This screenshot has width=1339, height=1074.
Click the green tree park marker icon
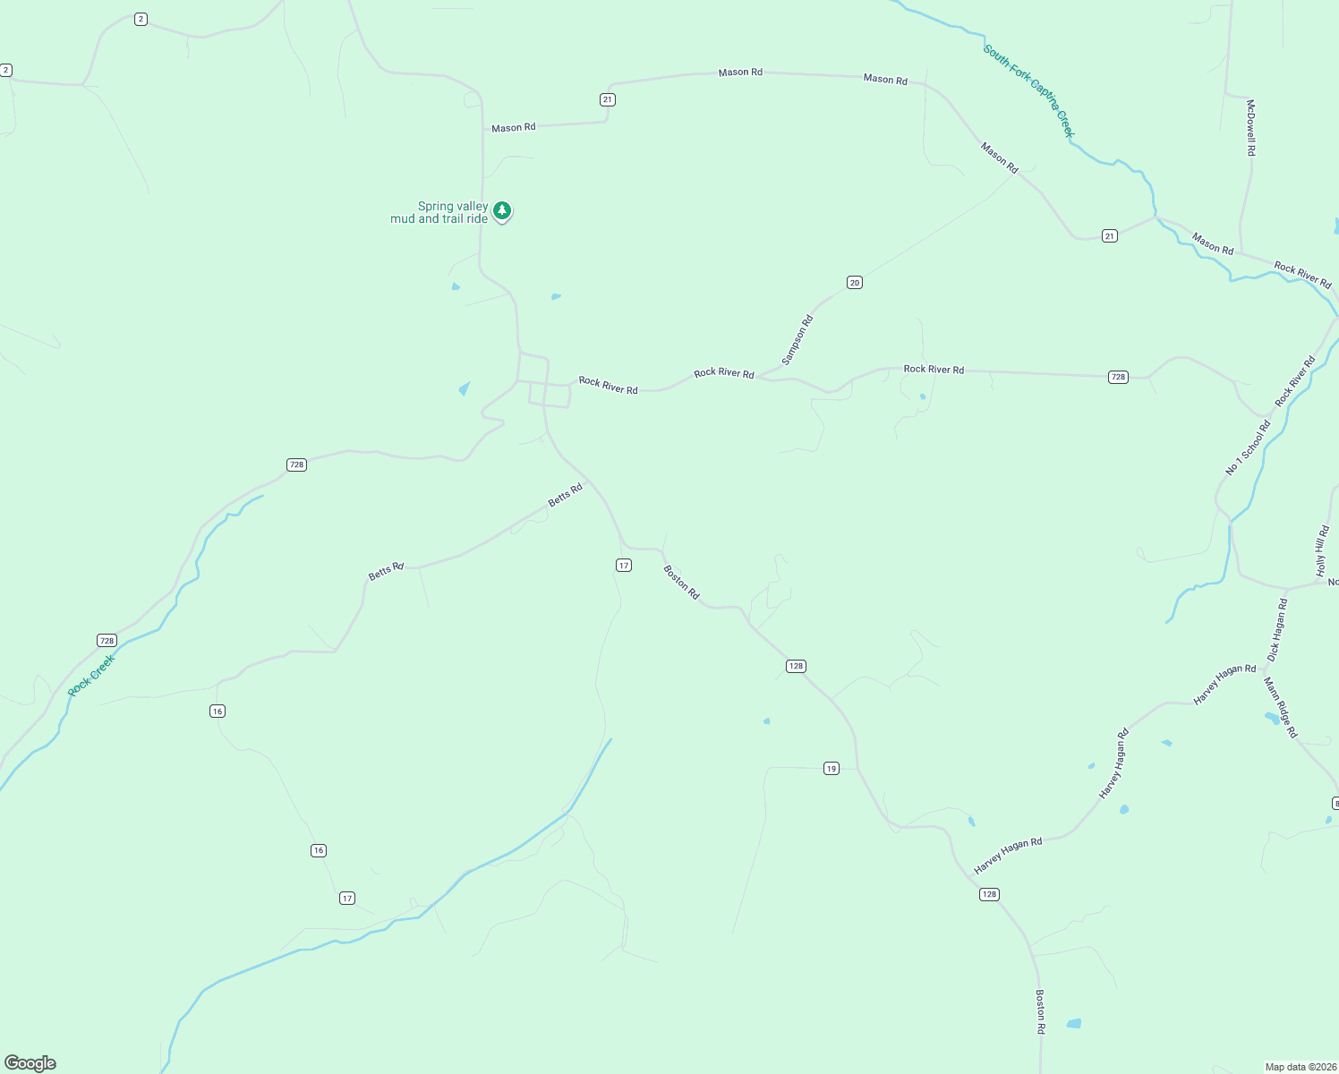502,211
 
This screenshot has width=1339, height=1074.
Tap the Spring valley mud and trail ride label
440,213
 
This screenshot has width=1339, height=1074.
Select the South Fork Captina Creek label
1028,91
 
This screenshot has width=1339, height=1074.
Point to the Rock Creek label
91,676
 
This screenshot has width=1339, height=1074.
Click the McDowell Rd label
1250,128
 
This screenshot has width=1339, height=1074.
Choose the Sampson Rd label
797,340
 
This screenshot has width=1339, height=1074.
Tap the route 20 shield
855,283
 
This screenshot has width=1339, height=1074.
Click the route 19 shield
832,769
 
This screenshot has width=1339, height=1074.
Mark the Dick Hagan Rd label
1277,630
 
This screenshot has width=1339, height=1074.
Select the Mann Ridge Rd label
1281,707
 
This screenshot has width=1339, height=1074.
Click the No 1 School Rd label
1248,448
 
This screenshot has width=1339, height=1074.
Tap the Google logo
30,1063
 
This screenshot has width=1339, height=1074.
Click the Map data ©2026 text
1300,1067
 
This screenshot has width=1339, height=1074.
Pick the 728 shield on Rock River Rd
1118,377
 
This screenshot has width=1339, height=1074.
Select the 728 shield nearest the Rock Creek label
107,640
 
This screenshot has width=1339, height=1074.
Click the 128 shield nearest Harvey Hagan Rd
989,894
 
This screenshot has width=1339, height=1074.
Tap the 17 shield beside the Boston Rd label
624,565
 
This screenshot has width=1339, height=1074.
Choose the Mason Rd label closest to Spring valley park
514,128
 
